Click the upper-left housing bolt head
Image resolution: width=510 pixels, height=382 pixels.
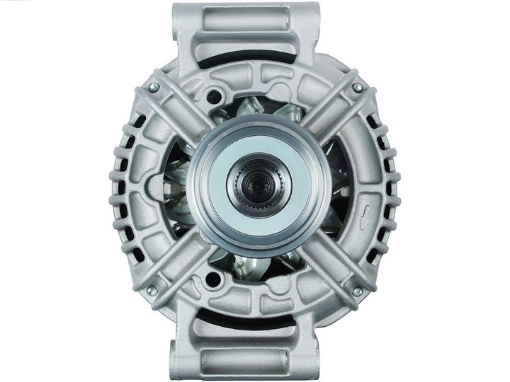click(153, 87)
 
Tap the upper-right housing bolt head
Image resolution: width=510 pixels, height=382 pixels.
click(357, 87)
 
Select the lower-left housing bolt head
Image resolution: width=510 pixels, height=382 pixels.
click(152, 290)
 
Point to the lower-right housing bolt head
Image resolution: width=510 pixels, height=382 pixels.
click(357, 291)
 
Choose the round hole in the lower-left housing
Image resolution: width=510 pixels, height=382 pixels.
click(210, 280)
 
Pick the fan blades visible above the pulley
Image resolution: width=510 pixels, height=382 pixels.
click(255, 110)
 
